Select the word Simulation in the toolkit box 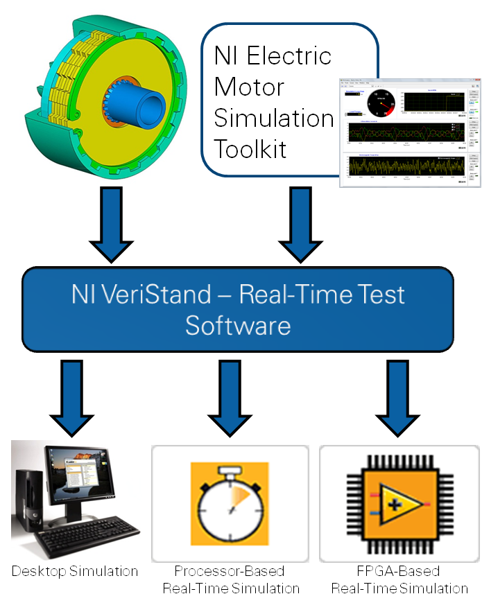pos(273,118)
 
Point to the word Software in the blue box pos(238,325)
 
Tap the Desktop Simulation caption pos(75,572)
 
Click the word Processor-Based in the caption pos(230,572)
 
